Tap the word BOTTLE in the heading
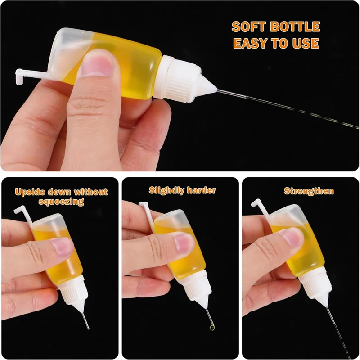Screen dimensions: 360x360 (x=296, y=27)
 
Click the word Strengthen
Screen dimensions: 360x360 (x=309, y=191)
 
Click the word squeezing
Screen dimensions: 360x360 (x=62, y=202)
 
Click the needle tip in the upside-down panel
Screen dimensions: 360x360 (x=88, y=327)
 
